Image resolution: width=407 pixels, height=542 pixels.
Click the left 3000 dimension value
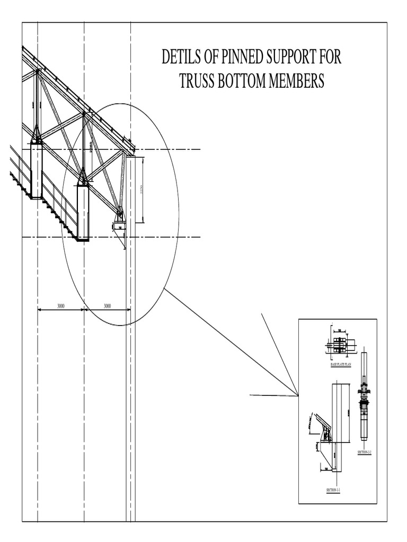61,306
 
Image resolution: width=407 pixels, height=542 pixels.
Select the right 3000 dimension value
107,306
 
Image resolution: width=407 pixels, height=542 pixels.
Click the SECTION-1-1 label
333,491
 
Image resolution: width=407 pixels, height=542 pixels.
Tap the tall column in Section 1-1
340,413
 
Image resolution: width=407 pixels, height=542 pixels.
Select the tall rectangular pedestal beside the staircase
36,170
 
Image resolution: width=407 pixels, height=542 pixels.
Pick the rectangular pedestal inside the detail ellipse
83,212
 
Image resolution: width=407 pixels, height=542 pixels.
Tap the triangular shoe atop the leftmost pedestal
37,135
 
